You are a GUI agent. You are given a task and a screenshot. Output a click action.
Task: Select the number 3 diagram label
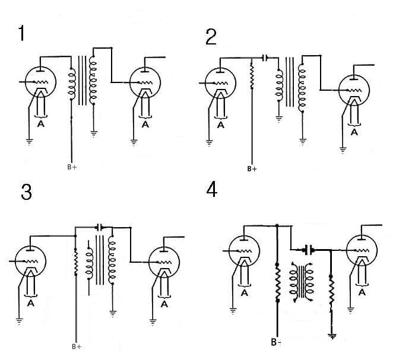pyautogui.click(x=26, y=193)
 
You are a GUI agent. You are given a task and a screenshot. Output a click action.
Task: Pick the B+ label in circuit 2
pyautogui.click(x=252, y=168)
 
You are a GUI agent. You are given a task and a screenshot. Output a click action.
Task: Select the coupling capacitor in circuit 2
pyautogui.click(x=265, y=58)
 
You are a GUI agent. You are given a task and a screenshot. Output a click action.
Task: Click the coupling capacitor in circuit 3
pyautogui.click(x=100, y=227)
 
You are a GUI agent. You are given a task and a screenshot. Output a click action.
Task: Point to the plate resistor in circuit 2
pyautogui.click(x=252, y=78)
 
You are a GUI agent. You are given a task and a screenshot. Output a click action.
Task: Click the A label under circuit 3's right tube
pyautogui.click(x=164, y=304)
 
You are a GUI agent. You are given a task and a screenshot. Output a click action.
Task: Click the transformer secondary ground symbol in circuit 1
pyautogui.click(x=93, y=133)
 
